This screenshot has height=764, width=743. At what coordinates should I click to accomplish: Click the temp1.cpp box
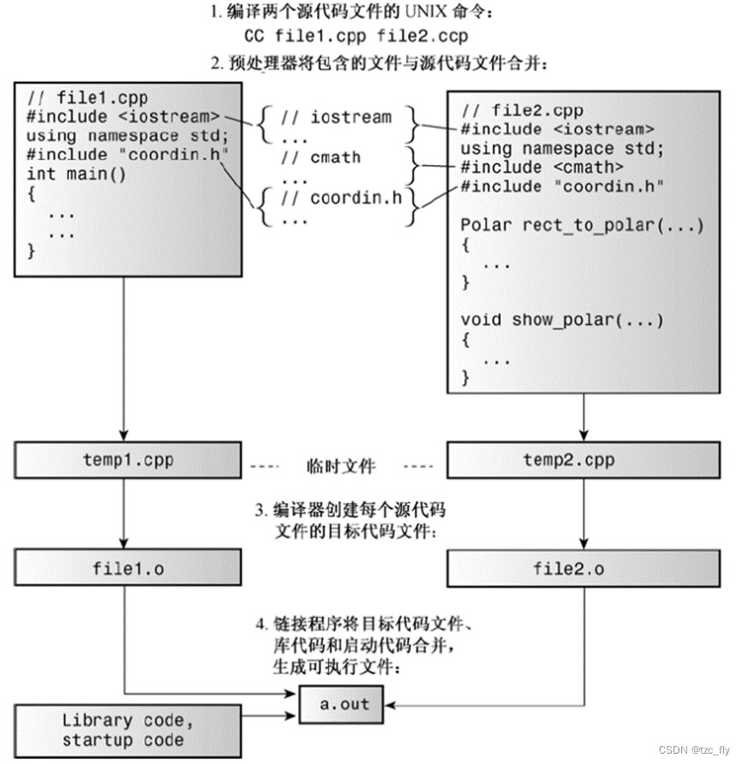(127, 461)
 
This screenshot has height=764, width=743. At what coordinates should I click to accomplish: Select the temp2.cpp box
(569, 461)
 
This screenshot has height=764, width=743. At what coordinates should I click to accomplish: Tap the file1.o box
(127, 568)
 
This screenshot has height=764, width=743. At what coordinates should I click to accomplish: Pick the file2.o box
(569, 568)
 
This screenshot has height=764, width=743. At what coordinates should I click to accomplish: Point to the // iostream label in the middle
(339, 117)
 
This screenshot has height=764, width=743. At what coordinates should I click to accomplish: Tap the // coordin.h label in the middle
(344, 199)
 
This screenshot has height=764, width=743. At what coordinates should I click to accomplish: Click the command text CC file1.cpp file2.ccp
(358, 37)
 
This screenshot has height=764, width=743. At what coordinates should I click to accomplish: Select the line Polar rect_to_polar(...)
(582, 225)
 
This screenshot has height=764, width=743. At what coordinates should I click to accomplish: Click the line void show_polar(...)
(562, 320)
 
